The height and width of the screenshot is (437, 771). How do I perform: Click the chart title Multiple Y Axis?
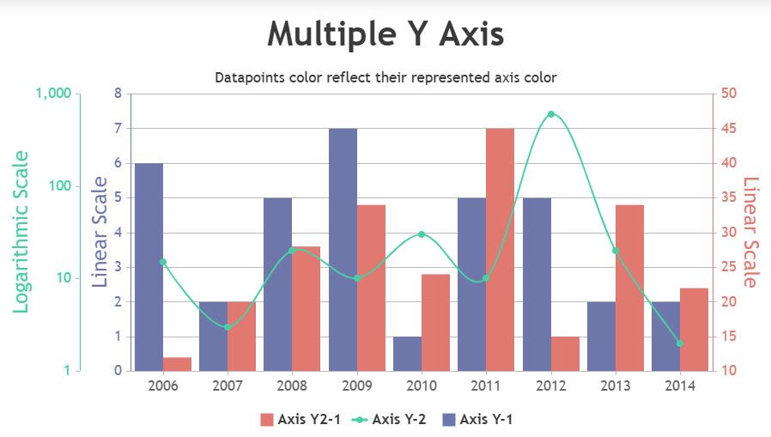pyautogui.click(x=385, y=34)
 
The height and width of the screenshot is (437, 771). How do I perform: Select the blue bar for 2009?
pyautogui.click(x=343, y=250)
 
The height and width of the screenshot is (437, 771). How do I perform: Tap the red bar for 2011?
pyautogui.click(x=500, y=250)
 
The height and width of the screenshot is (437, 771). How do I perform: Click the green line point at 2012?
pyautogui.click(x=551, y=114)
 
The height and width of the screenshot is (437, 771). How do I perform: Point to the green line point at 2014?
pyautogui.click(x=680, y=343)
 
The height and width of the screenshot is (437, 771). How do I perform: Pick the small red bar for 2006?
pyautogui.click(x=177, y=364)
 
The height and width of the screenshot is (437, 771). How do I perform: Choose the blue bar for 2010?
pyautogui.click(x=407, y=354)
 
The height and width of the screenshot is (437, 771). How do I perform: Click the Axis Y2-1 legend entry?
pyautogui.click(x=300, y=419)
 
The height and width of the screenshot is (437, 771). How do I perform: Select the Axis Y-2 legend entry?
pyautogui.click(x=389, y=419)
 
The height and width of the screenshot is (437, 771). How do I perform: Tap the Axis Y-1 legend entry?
pyautogui.click(x=477, y=419)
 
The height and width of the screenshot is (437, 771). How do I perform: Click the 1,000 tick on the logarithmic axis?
pyautogui.click(x=53, y=94)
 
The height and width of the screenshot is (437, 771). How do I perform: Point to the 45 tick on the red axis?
pyautogui.click(x=729, y=128)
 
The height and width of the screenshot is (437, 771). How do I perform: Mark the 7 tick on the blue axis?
pyautogui.click(x=118, y=128)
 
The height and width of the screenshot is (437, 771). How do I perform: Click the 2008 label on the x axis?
pyautogui.click(x=292, y=385)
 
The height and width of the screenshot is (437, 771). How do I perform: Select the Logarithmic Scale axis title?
pyautogui.click(x=21, y=232)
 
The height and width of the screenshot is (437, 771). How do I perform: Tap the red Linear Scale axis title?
pyautogui.click(x=751, y=232)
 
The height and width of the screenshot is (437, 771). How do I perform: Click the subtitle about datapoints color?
pyautogui.click(x=385, y=77)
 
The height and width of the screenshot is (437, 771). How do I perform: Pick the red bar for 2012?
pyautogui.click(x=565, y=354)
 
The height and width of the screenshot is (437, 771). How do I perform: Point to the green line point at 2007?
pyautogui.click(x=228, y=327)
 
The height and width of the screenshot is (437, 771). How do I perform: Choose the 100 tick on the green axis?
pyautogui.click(x=60, y=185)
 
